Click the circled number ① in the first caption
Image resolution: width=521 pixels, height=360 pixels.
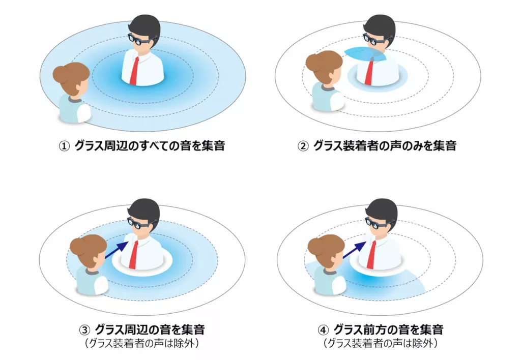(64, 146)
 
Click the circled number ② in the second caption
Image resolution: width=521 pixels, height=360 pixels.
(303, 146)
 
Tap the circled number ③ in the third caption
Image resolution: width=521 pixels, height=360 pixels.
(84, 330)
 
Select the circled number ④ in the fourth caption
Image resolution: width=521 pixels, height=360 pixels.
(323, 330)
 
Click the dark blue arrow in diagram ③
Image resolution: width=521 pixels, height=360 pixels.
(117, 250)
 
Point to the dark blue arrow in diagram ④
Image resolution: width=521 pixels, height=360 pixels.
(355, 250)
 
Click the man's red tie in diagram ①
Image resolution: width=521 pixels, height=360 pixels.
(134, 71)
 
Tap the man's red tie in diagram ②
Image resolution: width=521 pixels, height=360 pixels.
(369, 72)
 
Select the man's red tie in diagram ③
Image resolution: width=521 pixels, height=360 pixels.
(134, 255)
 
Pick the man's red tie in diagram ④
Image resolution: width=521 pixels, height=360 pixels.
(371, 255)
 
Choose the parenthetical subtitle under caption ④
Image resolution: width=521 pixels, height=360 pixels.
(381, 343)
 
